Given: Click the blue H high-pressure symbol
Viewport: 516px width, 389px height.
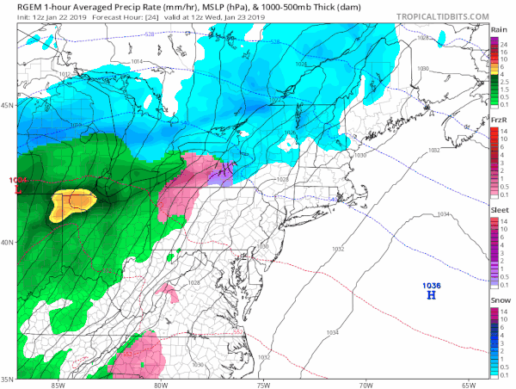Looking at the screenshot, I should [x=431, y=296].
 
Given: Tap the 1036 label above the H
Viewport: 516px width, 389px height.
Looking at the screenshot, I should [x=431, y=285].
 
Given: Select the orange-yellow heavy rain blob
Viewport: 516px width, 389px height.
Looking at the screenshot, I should [x=73, y=203].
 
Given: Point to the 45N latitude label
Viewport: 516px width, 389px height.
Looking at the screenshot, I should [x=9, y=106].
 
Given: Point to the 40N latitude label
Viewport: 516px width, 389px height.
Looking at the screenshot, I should [x=9, y=242].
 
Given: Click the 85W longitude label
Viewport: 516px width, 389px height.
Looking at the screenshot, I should [x=58, y=384].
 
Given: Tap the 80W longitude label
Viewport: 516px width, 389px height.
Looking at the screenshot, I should [x=161, y=384].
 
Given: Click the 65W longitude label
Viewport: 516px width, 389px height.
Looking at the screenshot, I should [x=468, y=384].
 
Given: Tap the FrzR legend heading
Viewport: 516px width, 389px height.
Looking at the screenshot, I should [x=499, y=120].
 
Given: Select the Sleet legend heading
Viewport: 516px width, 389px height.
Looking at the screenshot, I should [x=499, y=208].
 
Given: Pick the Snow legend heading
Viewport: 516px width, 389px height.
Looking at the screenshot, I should [x=499, y=298].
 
